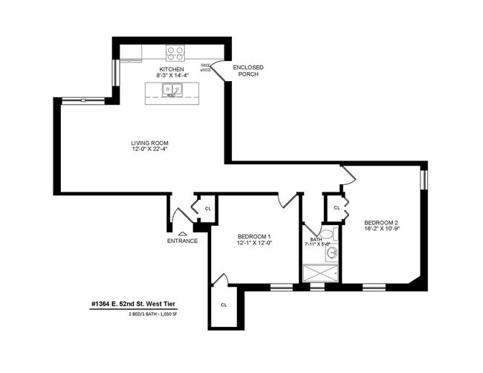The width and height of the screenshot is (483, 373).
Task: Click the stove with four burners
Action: (175, 53)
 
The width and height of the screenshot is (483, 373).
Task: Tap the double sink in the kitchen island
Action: (171, 91)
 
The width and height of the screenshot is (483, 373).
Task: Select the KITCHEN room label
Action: (171, 69)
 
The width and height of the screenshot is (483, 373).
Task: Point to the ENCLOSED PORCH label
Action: (248, 71)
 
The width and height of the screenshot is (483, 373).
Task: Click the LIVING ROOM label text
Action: (148, 143)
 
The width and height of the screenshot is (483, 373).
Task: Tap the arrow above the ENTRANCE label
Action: (183, 233)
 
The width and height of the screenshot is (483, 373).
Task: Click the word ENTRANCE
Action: (182, 241)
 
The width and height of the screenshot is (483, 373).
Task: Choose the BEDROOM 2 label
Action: (381, 223)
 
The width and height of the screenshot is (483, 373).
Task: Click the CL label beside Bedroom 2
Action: (337, 208)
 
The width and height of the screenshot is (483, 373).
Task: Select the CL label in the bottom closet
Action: (224, 305)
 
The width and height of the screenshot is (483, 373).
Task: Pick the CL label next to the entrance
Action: (208, 209)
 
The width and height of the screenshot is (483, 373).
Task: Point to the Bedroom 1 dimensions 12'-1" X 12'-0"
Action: (254, 243)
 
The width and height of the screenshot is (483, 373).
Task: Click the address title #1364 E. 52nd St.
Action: (134, 304)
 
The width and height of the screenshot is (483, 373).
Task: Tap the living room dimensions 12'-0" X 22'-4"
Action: (148, 150)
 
